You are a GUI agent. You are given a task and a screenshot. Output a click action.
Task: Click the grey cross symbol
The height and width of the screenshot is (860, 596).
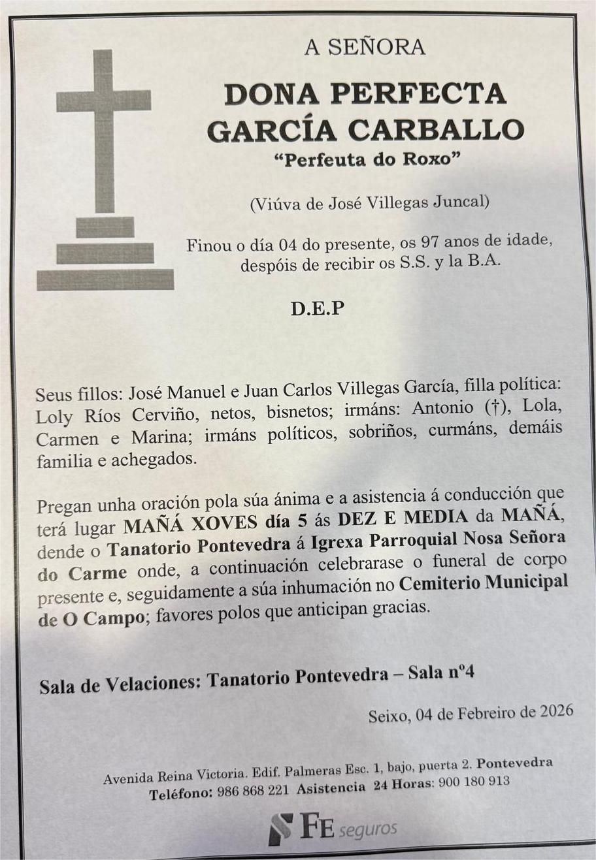tap(104, 131)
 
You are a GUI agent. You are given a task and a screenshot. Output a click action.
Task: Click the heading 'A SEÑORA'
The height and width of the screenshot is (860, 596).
tap(365, 47)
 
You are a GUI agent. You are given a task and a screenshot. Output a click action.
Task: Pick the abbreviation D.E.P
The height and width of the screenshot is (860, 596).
tap(317, 309)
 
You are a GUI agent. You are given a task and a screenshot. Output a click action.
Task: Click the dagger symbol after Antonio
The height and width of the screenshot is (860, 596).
tap(497, 407)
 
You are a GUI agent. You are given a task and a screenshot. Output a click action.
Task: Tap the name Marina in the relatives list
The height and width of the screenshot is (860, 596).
tap(161, 438)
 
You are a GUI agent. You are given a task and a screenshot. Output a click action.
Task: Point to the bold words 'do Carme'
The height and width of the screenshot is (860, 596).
tap(82, 573)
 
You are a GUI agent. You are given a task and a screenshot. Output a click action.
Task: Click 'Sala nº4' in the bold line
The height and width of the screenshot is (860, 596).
tap(440, 673)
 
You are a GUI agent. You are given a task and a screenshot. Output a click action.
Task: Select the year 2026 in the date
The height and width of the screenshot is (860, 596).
tap(556, 711)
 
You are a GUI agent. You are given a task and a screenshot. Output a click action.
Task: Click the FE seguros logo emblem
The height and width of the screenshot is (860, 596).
tap(281, 828)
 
